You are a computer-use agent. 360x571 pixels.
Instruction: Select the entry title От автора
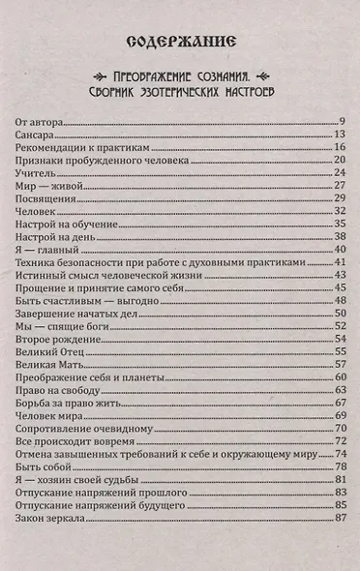pyautogui.click(x=41, y=120)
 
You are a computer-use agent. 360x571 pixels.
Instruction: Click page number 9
pyautogui.click(x=342, y=120)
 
